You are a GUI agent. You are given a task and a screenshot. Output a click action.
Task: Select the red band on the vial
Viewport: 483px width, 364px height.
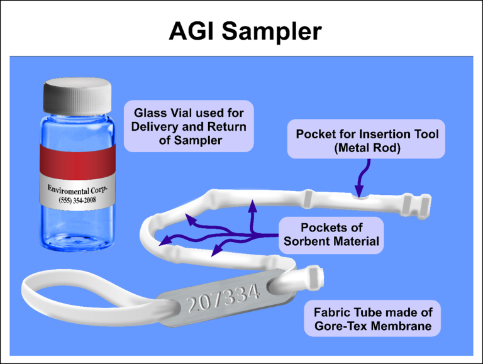(x=79, y=159)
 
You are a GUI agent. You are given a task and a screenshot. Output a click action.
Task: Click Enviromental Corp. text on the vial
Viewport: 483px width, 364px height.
(x=79, y=189)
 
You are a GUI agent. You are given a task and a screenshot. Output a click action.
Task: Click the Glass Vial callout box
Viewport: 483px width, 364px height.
(x=189, y=126)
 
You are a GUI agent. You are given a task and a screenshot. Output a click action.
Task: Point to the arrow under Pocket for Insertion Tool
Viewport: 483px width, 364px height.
(x=360, y=179)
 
